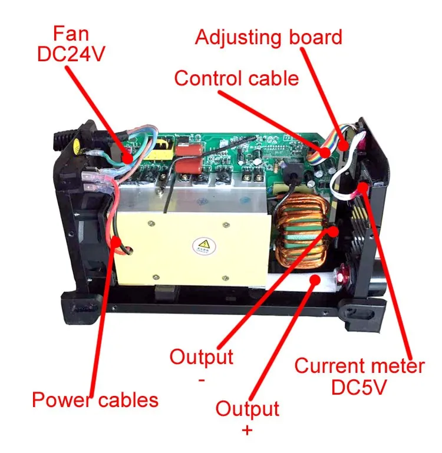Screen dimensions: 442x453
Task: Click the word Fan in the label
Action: pyautogui.click(x=71, y=34)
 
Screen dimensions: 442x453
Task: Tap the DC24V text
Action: pyautogui.click(x=71, y=54)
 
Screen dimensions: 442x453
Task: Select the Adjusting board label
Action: pyautogui.click(x=269, y=38)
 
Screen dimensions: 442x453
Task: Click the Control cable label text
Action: pyautogui.click(x=236, y=78)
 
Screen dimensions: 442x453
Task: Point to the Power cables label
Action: pyautogui.click(x=95, y=400)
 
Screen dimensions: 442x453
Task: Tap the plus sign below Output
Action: pyautogui.click(x=247, y=431)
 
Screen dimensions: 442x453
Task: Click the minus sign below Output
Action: pyautogui.click(x=202, y=380)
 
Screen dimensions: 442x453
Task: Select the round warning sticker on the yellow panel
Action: pyautogui.click(x=204, y=246)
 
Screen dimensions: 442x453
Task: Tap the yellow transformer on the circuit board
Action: pyautogui.click(x=160, y=150)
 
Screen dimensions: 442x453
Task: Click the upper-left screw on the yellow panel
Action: pyautogui.click(x=151, y=223)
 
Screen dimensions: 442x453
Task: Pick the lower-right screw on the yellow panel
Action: pyautogui.click(x=226, y=278)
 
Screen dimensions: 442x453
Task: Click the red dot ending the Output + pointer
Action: pyautogui.click(x=315, y=280)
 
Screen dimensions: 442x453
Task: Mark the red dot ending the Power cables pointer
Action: pyautogui.click(x=116, y=242)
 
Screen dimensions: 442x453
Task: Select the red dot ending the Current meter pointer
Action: pyautogui.click(x=362, y=187)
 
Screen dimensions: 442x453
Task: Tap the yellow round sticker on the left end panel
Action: pyautogui.click(x=76, y=145)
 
